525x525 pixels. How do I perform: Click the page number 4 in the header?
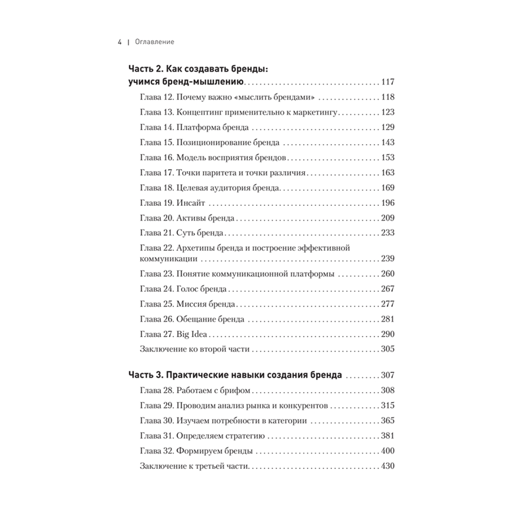(x=120, y=42)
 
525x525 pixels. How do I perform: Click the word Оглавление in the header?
(x=154, y=42)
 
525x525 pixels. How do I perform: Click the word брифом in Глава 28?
(x=237, y=390)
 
